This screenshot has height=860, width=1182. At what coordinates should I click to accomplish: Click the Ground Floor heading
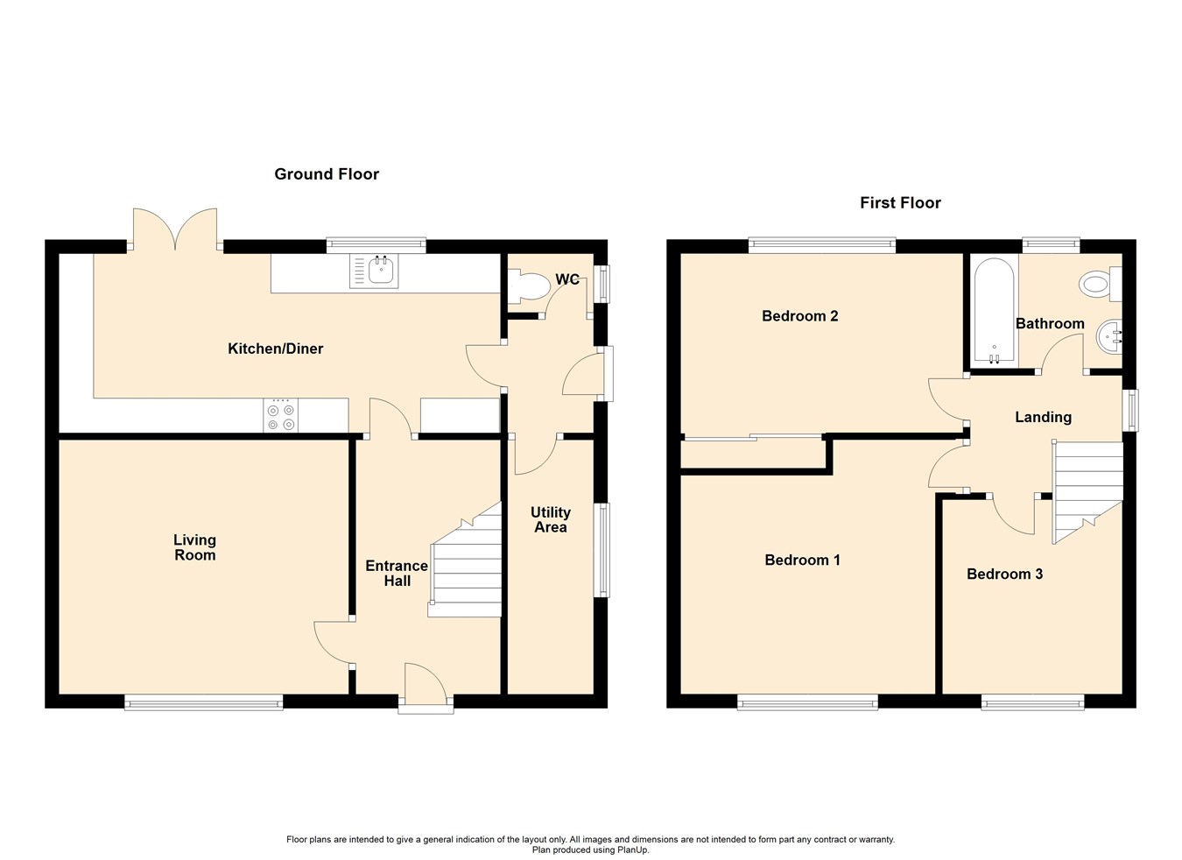[327, 174]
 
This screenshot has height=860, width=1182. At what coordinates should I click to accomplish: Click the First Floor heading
[900, 203]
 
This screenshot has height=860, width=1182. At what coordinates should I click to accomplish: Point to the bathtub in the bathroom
[994, 310]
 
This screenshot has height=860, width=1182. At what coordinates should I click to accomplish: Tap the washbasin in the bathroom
[1109, 336]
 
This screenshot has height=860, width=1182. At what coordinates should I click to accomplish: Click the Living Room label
[194, 547]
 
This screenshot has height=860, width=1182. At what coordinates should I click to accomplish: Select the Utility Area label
[550, 519]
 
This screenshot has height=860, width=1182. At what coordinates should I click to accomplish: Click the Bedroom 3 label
[1004, 575]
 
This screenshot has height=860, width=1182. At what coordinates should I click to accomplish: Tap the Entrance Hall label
[397, 573]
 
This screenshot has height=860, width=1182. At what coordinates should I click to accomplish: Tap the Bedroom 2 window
[821, 246]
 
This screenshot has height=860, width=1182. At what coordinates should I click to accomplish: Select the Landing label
[1043, 418]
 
